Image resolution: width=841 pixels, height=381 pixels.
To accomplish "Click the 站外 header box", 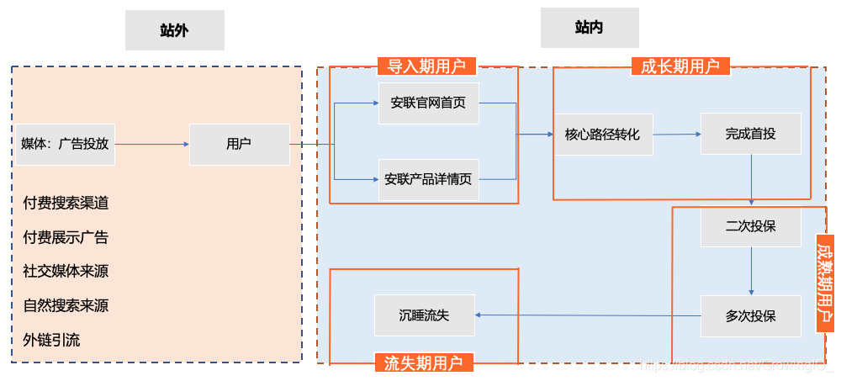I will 174,30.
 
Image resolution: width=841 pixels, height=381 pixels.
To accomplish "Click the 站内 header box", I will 589,28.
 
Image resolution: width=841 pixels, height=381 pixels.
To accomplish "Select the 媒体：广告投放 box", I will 65,144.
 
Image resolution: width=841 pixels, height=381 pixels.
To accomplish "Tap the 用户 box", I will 239,144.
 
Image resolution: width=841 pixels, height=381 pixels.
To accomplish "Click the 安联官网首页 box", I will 428,103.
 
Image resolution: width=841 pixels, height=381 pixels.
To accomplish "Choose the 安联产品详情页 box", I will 428,179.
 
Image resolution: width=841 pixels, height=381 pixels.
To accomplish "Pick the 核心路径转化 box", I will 603,135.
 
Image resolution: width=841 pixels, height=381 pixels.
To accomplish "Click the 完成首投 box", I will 750,134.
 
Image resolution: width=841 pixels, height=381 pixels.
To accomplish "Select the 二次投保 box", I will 750,226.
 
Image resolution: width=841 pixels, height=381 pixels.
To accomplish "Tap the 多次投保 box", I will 750,316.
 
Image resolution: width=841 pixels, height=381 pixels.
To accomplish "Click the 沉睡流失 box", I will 424,315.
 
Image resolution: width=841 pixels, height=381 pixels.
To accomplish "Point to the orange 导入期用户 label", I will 426,66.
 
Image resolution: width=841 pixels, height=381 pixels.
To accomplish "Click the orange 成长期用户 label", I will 680,66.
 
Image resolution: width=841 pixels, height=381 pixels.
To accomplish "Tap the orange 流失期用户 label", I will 423,362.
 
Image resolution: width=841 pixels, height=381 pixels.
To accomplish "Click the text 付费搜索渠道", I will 66,203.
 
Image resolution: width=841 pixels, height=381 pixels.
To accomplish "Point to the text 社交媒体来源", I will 66,271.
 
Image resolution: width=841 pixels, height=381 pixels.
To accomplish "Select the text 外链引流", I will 52,340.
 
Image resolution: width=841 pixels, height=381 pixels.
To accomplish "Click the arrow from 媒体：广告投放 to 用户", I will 151,144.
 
